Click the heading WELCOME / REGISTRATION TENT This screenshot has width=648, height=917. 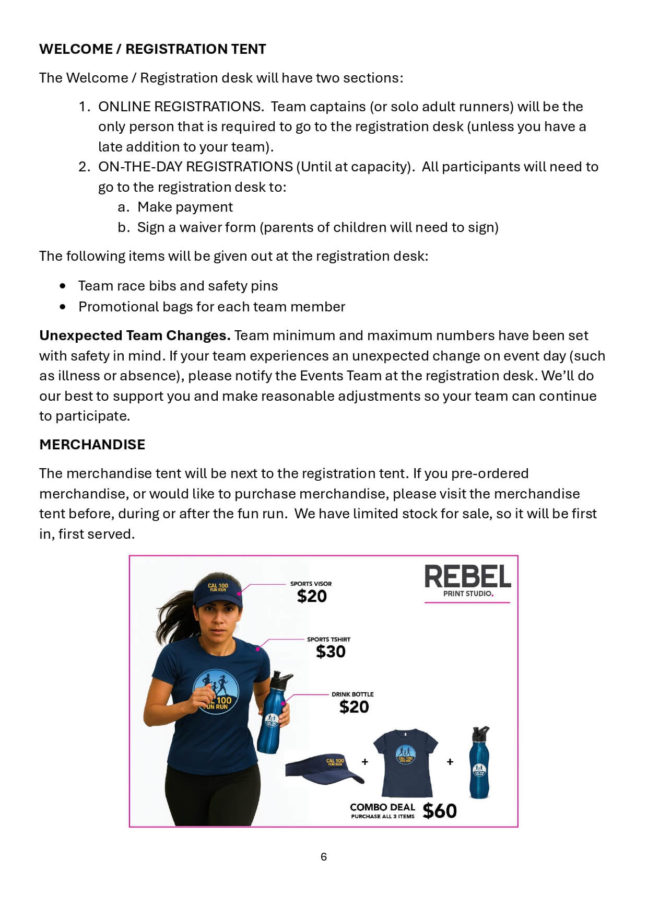coord(152,49)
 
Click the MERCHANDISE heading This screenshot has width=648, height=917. coord(92,445)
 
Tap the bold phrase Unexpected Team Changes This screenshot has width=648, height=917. coord(135,335)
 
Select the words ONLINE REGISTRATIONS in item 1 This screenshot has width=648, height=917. coord(180,107)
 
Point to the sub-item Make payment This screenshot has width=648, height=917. coord(185,207)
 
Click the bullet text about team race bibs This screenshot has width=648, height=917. coord(178,286)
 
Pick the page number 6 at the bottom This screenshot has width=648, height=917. coord(324,856)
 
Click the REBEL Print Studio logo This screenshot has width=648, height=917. coord(467,582)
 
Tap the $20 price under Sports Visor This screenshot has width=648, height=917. coord(312,596)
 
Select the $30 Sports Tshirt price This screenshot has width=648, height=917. coord(331,652)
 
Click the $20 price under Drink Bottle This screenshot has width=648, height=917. coord(354,707)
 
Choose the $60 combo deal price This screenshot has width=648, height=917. coord(440,811)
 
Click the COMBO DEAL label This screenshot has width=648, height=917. coord(382,807)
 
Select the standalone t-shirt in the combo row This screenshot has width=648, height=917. coord(405,762)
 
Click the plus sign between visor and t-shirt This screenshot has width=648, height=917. coord(365,762)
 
